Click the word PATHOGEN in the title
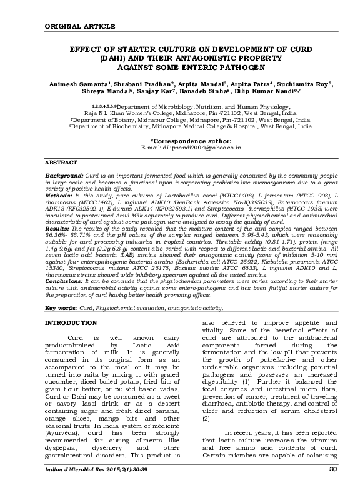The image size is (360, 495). pos(221,66)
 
